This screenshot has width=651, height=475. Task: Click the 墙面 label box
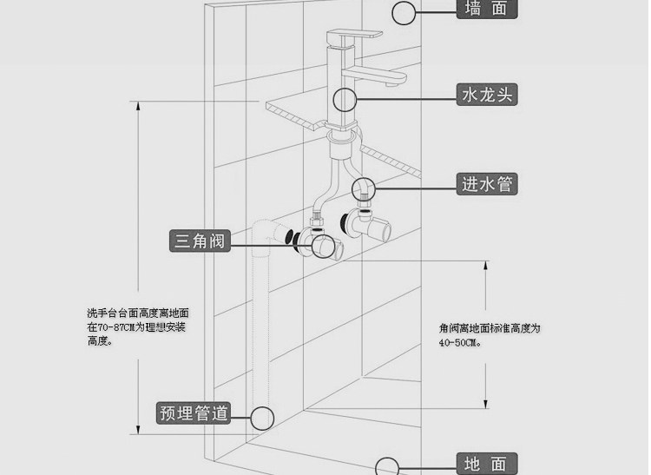coord(487,9)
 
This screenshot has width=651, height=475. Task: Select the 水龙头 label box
coord(487,95)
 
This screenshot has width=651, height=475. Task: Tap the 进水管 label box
coord(487,183)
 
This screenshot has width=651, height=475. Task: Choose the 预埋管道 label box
coord(194,412)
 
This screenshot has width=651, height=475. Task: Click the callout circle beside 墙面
coord(404,12)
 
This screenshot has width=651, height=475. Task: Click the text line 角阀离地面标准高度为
coord(490,328)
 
